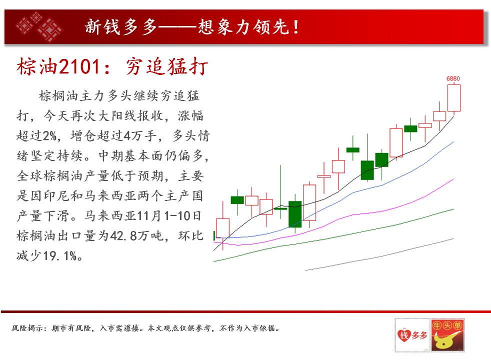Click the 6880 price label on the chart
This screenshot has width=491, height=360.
pyautogui.click(x=453, y=78)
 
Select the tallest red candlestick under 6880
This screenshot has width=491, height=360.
pyautogui.click(x=454, y=98)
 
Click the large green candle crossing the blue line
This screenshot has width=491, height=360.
pyautogui.click(x=294, y=214)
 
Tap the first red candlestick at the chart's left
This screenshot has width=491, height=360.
pyautogui.click(x=222, y=228)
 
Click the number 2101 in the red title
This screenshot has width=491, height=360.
pyautogui.click(x=80, y=66)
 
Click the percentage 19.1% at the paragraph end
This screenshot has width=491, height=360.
pyautogui.click(x=60, y=256)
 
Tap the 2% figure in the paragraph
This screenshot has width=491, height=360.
pyautogui.click(x=49, y=136)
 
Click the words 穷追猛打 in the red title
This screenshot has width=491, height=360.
pyautogui.click(x=167, y=66)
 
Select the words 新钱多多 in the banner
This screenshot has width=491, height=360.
pyautogui.click(x=121, y=27)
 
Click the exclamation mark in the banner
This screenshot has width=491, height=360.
pyautogui.click(x=295, y=27)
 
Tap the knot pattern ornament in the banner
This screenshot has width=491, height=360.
pyautogui.click(x=39, y=26)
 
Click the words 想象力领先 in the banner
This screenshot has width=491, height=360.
pyautogui.click(x=243, y=27)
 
